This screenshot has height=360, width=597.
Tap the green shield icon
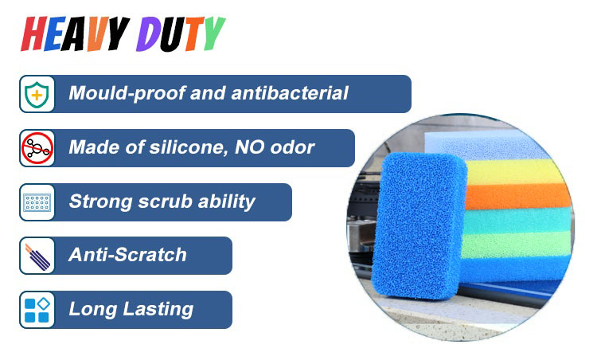pyautogui.click(x=37, y=94)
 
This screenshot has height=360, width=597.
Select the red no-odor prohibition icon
pyautogui.click(x=37, y=148)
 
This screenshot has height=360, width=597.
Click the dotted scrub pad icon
pyautogui.click(x=37, y=202)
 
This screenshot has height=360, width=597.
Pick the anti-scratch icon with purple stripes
pyautogui.click(x=37, y=256)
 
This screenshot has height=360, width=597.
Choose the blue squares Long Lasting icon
pyautogui.click(x=37, y=310)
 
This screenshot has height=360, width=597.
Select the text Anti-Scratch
pyautogui.click(x=127, y=255)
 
